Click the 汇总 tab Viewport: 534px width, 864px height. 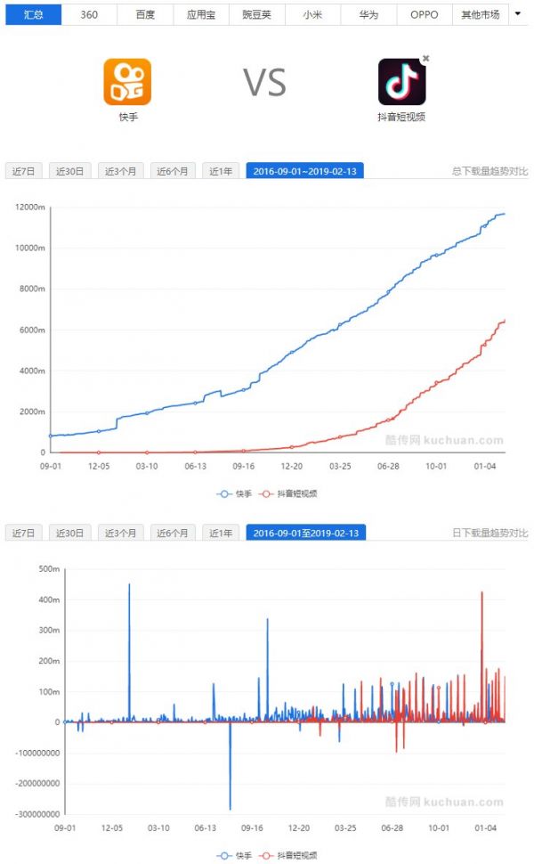tap(34, 14)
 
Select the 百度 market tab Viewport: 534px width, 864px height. tap(145, 14)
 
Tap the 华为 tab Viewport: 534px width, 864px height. tap(368, 14)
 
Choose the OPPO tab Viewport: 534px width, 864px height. tap(424, 14)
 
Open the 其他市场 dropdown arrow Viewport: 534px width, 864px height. tap(518, 13)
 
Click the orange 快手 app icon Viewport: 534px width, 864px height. tap(127, 82)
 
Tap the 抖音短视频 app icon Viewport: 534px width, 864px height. tap(401, 82)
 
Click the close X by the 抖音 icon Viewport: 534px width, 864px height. tap(425, 59)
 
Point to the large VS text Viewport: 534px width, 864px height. tap(265, 83)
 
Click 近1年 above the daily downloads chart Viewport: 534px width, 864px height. tap(220, 533)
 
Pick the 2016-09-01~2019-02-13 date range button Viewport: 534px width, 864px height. tap(304, 171)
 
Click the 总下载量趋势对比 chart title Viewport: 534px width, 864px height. tap(489, 171)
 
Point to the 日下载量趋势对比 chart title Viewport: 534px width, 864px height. tap(489, 533)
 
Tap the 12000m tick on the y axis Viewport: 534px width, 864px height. tap(31, 208)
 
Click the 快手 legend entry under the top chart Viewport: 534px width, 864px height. tap(235, 493)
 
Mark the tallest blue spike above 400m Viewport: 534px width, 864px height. tap(129, 585)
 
